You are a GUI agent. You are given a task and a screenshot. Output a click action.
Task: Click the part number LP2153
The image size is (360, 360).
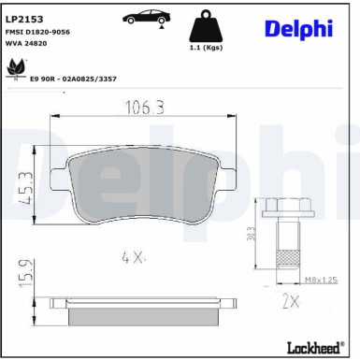pos(24,17)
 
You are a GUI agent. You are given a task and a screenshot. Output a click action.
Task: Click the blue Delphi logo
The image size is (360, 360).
pos(298,27)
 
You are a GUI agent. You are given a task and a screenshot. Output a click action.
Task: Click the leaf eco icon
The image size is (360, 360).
pos(15,67)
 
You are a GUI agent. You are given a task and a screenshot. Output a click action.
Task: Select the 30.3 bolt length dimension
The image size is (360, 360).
pos(250,236)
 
